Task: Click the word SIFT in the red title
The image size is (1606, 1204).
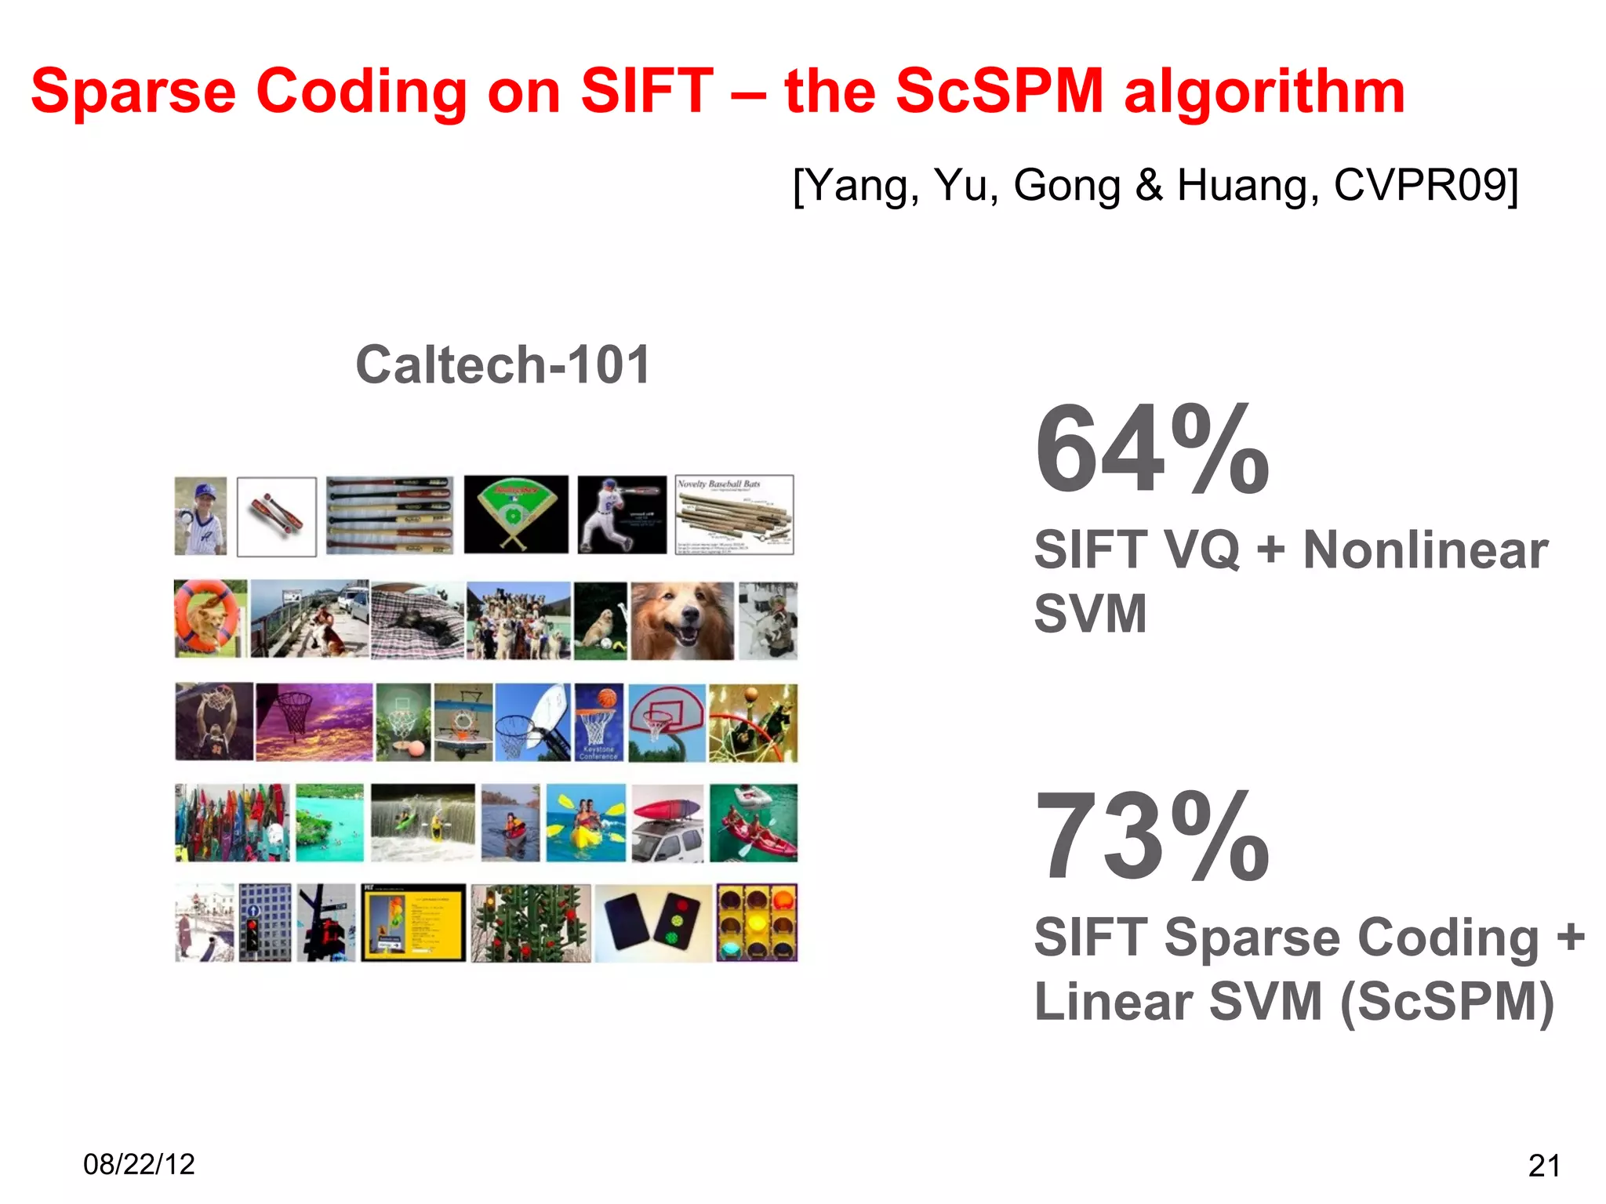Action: pyautogui.click(x=646, y=92)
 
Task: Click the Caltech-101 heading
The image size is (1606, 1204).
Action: pyautogui.click(x=503, y=365)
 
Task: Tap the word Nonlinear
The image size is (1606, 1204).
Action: pyautogui.click(x=1425, y=549)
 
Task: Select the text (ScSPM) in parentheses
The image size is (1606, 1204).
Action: pyautogui.click(x=1447, y=1003)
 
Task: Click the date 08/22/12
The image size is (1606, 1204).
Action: pyautogui.click(x=139, y=1164)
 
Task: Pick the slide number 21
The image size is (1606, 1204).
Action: pyautogui.click(x=1543, y=1166)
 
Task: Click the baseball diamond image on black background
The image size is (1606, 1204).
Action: pyautogui.click(x=516, y=514)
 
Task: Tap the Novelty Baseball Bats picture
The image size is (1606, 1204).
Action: pyautogui.click(x=734, y=514)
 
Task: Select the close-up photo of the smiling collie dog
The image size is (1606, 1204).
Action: pyautogui.click(x=682, y=621)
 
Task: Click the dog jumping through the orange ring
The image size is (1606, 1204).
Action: pyautogui.click(x=210, y=619)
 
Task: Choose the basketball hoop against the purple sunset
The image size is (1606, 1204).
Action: pyautogui.click(x=314, y=722)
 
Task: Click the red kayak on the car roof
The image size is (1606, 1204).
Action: pyautogui.click(x=667, y=823)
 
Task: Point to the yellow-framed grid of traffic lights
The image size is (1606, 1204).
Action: pyautogui.click(x=757, y=923)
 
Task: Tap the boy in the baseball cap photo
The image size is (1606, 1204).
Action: pyautogui.click(x=201, y=516)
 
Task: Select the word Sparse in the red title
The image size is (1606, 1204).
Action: pyautogui.click(x=133, y=92)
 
